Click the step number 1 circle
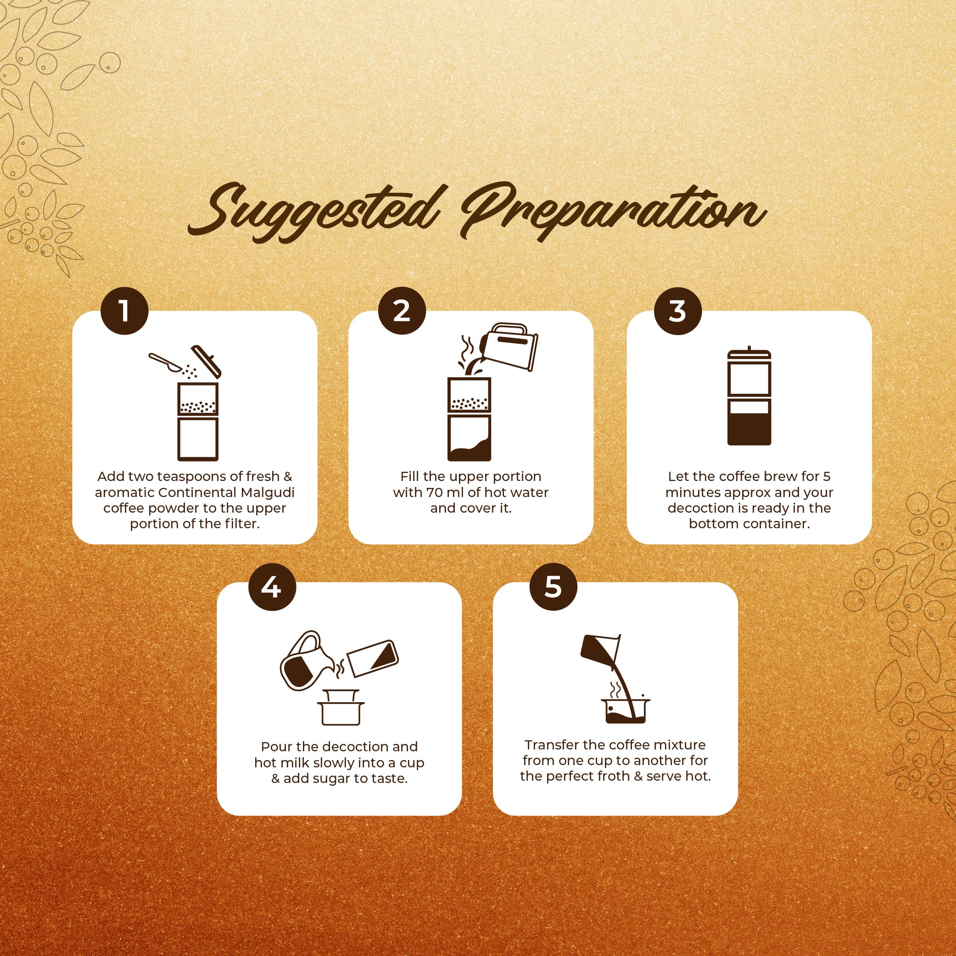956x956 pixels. click(x=125, y=311)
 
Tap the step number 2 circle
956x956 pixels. click(x=402, y=311)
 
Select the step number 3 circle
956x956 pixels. click(x=678, y=311)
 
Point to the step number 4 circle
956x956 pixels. click(x=272, y=587)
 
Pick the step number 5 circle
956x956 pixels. click(x=553, y=587)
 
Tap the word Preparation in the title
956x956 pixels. click(x=614, y=210)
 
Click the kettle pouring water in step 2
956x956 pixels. click(x=510, y=346)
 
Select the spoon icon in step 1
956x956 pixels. click(x=166, y=362)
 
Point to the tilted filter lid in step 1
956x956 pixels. click(x=206, y=361)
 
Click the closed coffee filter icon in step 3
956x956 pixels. click(x=749, y=396)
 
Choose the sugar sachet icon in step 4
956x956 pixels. click(x=373, y=659)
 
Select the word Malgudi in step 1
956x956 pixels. click(x=268, y=493)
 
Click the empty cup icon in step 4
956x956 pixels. click(x=341, y=708)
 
